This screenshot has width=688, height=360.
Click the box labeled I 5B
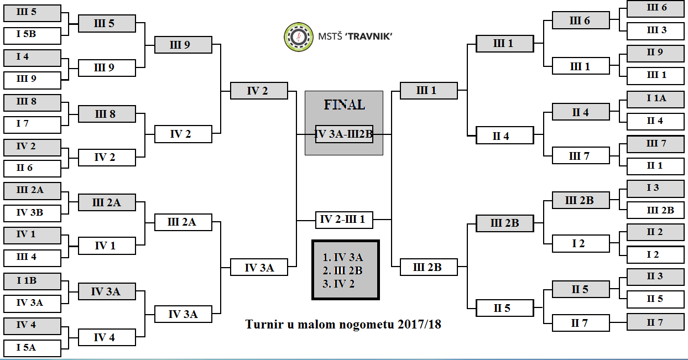pos(32,35)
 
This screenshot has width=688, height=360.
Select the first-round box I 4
pos(32,58)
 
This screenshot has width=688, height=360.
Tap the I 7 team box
pos(32,124)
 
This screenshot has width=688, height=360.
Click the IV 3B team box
pos(32,213)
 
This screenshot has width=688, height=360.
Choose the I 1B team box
pos(32,281)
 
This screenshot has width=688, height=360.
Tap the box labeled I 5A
pos(32,348)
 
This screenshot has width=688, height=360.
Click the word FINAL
pos(344,105)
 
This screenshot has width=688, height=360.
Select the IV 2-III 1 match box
pos(344,220)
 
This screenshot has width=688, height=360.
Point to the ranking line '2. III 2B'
pos(343,270)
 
